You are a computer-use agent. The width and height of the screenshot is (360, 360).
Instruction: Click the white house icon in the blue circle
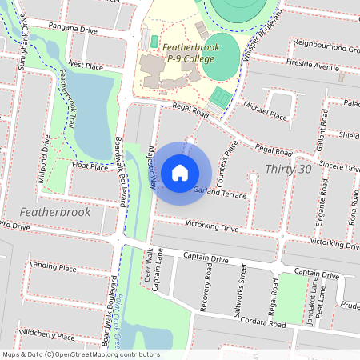(x=180, y=172)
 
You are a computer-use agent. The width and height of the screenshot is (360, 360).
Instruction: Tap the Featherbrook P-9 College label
(x=190, y=54)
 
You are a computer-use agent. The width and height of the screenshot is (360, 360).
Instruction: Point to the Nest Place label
(x=86, y=64)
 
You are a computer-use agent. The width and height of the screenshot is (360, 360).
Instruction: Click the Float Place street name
(x=90, y=166)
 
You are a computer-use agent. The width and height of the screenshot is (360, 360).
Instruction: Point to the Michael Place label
(x=265, y=111)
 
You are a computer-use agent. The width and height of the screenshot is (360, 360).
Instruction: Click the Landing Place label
(x=53, y=266)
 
